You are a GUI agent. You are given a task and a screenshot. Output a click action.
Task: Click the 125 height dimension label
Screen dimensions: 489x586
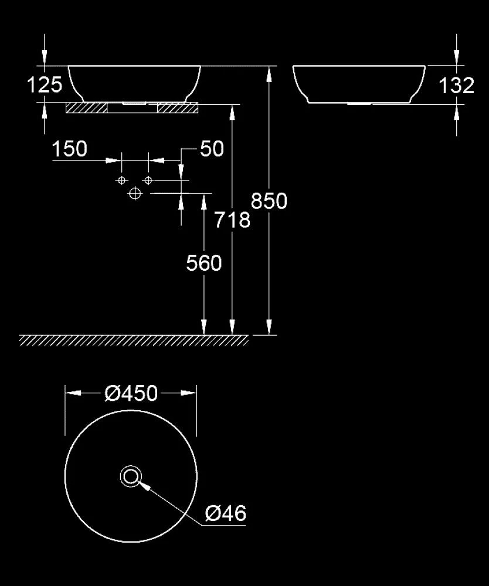[45, 85]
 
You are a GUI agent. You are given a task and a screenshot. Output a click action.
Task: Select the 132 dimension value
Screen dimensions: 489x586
[457, 86]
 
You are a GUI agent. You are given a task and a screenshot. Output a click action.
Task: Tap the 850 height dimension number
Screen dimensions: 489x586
[269, 200]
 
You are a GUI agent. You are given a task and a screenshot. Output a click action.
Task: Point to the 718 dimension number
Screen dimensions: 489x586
[232, 220]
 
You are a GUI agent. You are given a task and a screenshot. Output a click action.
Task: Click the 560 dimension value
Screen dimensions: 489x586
[204, 263]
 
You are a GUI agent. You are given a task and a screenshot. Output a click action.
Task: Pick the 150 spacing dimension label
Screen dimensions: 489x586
[70, 149]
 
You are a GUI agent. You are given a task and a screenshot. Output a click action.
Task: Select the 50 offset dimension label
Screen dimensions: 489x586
[212, 149]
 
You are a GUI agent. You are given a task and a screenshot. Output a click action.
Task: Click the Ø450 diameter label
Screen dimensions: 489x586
[131, 393]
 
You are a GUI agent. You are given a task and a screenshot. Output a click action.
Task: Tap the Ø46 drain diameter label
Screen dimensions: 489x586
[225, 513]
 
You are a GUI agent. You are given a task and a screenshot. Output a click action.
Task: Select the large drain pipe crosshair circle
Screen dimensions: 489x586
[135, 193]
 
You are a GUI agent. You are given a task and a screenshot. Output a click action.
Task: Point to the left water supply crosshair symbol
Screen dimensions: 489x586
[121, 180]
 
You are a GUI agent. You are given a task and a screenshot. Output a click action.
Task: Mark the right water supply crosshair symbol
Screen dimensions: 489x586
[148, 180]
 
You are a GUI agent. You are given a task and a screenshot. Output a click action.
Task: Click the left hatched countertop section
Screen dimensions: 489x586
[86, 108]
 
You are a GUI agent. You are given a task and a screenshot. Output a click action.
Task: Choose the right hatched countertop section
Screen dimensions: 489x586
[178, 108]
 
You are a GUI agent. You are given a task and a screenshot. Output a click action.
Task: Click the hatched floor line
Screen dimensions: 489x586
[134, 340]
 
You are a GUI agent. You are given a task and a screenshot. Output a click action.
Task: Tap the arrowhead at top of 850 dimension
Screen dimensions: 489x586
[269, 74]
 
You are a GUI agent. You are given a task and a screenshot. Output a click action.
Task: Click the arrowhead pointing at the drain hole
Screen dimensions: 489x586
[144, 485]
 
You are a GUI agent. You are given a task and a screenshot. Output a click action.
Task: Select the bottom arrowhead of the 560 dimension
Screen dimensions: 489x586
[204, 327]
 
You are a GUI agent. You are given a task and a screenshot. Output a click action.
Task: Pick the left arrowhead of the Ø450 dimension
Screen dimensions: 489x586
[73, 393]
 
